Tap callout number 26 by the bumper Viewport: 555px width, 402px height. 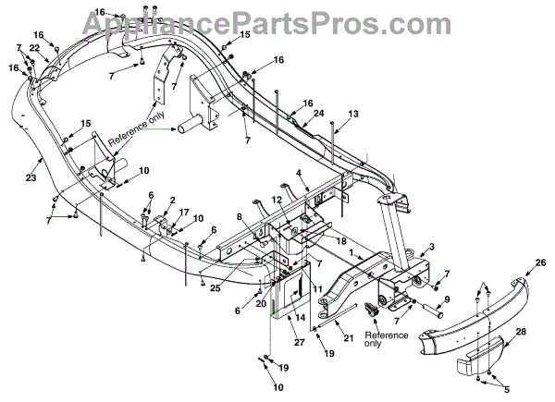point(540,262)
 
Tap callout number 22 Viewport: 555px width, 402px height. point(34,47)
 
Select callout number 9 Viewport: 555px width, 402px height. point(446,299)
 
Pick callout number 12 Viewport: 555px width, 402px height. point(277,200)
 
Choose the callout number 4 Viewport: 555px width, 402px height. point(300,173)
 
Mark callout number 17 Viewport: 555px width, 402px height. point(183,212)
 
